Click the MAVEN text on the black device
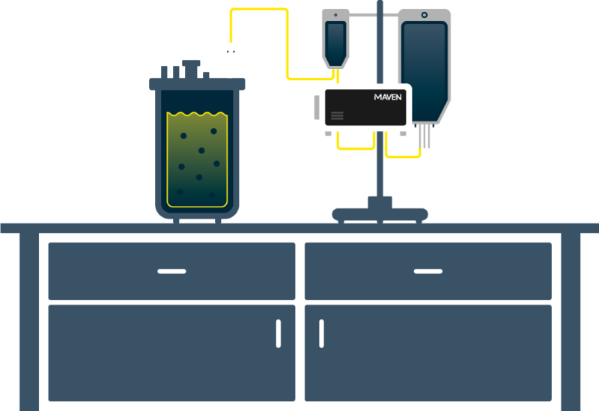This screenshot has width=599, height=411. pyautogui.click(x=388, y=97)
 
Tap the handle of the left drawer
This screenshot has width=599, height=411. pyautogui.click(x=172, y=271)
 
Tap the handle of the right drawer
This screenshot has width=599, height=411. pyautogui.click(x=428, y=271)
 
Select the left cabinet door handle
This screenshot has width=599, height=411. pyautogui.click(x=279, y=333)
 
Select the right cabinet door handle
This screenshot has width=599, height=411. pyautogui.click(x=322, y=333)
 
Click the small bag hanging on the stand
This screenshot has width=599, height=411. pyautogui.click(x=335, y=39)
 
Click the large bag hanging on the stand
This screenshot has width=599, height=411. pyautogui.click(x=425, y=67)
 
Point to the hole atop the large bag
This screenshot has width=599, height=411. pyautogui.click(x=425, y=15)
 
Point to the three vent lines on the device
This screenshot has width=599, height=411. pyautogui.click(x=337, y=115)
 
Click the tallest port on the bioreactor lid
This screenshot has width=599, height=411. pyautogui.click(x=191, y=69)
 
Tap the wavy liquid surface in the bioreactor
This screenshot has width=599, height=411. pyautogui.click(x=197, y=114)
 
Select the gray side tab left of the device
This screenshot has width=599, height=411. pyautogui.click(x=317, y=107)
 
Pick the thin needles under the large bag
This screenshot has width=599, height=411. pyautogui.click(x=425, y=136)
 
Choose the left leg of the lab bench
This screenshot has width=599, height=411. pyautogui.click(x=29, y=322)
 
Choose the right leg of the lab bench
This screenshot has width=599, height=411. pyautogui.click(x=571, y=322)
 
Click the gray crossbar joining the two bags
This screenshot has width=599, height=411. pyautogui.click(x=374, y=14)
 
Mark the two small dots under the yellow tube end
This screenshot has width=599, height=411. pyautogui.click(x=231, y=51)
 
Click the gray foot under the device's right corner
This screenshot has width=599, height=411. pyautogui.click(x=403, y=134)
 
